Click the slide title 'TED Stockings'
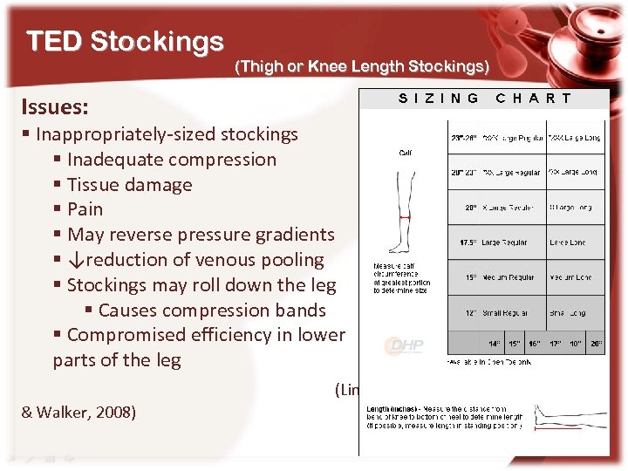[x=125, y=41]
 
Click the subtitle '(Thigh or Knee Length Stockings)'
[x=362, y=66]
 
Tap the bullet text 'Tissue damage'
[x=129, y=185]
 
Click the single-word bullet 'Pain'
[x=85, y=209]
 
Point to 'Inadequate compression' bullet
[x=171, y=160]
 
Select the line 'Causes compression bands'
[x=212, y=311]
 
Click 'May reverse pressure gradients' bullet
[x=201, y=235]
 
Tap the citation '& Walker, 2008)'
[x=78, y=412]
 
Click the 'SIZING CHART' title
[x=485, y=99]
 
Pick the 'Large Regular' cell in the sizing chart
[x=503, y=242]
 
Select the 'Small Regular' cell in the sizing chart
[x=503, y=312]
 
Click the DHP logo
[x=404, y=346]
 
